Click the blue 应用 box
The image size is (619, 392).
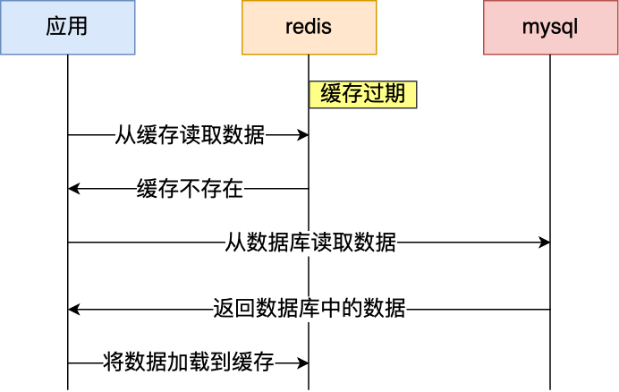point(67,27)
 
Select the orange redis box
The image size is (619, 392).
point(309,27)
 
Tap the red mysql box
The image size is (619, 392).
point(550,27)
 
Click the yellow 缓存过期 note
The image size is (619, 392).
point(363,95)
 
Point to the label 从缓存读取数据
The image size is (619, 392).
point(190,135)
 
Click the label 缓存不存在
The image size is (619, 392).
point(190,189)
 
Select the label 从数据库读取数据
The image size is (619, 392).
point(310,243)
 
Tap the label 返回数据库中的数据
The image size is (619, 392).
point(310,310)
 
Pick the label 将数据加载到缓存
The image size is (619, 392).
point(189,363)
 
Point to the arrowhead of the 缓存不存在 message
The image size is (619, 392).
point(73,189)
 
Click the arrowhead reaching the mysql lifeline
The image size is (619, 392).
point(545,243)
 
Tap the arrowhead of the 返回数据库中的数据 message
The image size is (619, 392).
point(73,310)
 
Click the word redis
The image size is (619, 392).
point(309,27)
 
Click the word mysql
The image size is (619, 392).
point(550,27)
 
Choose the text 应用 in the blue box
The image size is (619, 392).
point(67,27)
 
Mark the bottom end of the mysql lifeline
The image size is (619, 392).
point(550,388)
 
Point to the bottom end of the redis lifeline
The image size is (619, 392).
point(309,388)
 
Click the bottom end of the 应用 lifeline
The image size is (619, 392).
point(67,388)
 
